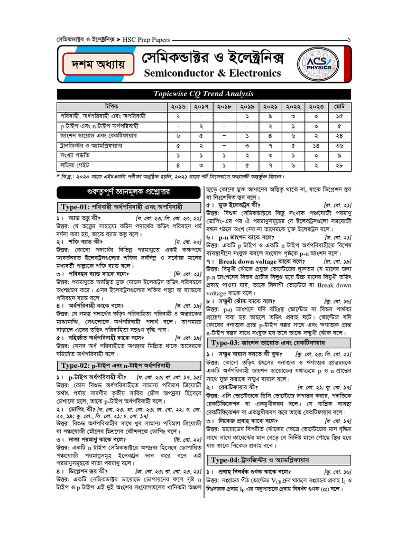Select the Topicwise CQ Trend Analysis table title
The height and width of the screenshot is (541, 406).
point(204,94)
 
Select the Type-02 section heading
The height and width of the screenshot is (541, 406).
point(115,365)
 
